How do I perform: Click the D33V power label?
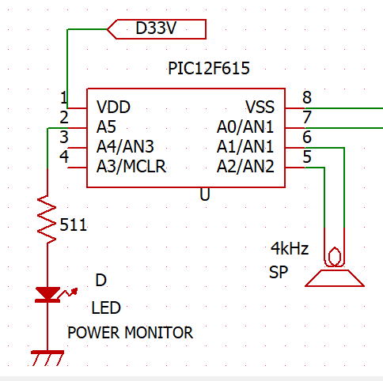(x=157, y=29)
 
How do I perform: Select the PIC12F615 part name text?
(x=209, y=69)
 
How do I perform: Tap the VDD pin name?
(x=113, y=107)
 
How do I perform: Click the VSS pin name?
(x=260, y=107)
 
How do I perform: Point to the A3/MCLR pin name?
(x=131, y=167)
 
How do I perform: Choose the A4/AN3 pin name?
(x=125, y=147)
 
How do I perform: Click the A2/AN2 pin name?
(x=245, y=167)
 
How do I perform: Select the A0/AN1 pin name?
(x=245, y=127)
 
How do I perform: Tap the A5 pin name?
(x=106, y=127)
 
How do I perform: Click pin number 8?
(x=307, y=97)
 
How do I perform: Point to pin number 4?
(x=64, y=157)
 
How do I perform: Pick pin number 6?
(x=307, y=137)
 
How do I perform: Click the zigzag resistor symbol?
(x=47, y=219)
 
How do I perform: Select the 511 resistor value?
(x=74, y=225)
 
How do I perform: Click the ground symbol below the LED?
(x=47, y=358)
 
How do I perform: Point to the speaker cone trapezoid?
(x=335, y=278)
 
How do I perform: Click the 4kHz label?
(x=290, y=248)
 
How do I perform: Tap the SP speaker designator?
(x=279, y=272)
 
